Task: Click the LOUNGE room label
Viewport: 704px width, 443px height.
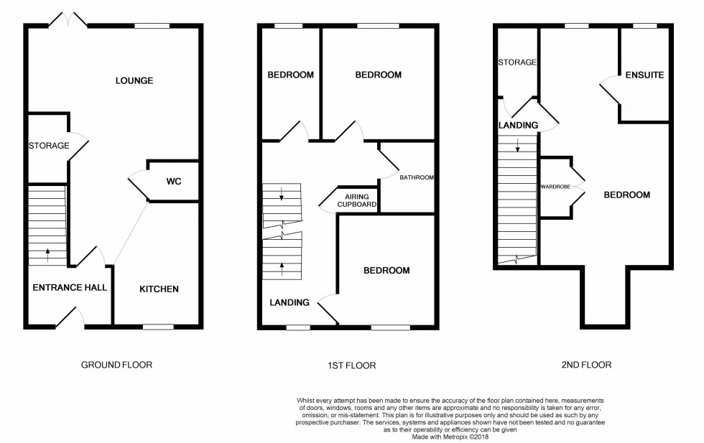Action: coord(134,80)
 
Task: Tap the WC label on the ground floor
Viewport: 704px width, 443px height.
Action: coord(173,181)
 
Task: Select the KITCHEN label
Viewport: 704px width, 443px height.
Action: coord(159,289)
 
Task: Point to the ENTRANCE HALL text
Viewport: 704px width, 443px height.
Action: coord(70,288)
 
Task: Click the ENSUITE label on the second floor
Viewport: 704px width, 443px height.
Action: coord(644,75)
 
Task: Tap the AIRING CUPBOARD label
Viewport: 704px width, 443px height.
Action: coord(356,200)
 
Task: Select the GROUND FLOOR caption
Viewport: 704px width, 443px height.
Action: coord(116,365)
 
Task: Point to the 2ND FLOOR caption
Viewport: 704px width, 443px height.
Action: coord(586,365)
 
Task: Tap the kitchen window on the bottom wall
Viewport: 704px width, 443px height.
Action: coord(158,327)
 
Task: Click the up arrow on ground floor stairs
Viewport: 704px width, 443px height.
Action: coord(47,251)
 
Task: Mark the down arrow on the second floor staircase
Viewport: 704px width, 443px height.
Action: coord(517,149)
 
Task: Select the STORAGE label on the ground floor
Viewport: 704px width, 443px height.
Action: coord(49,146)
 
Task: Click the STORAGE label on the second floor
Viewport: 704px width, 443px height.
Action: coord(517,62)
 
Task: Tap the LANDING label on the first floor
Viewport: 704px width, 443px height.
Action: coord(290,302)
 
